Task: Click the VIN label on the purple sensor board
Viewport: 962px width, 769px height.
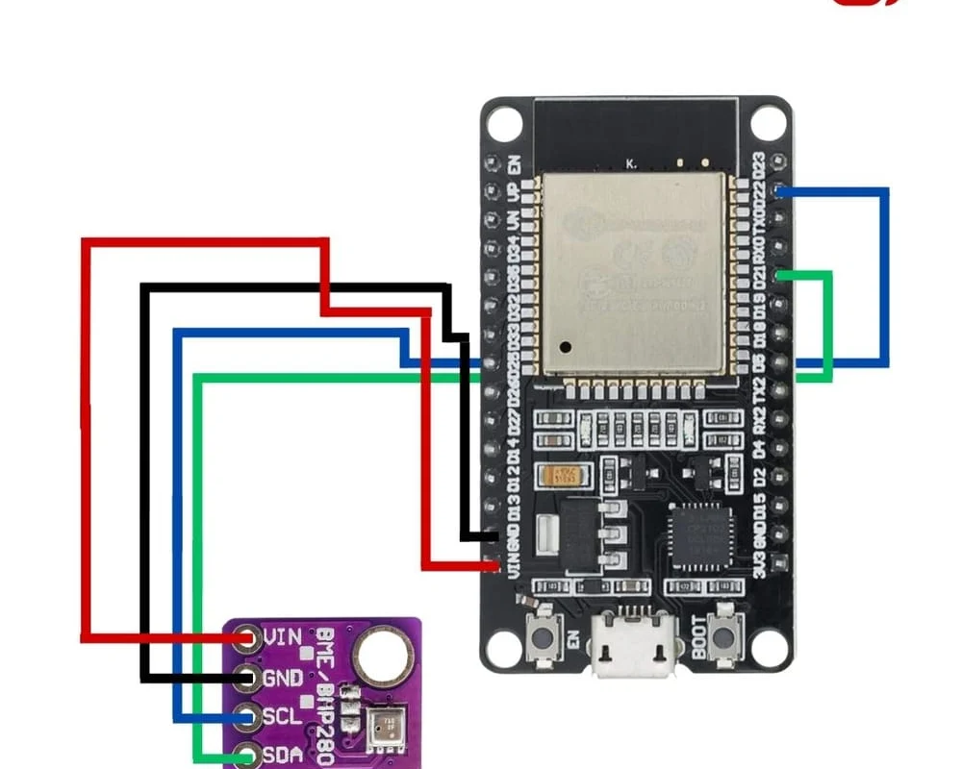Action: pyautogui.click(x=282, y=636)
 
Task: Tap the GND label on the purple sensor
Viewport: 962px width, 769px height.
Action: pyautogui.click(x=282, y=678)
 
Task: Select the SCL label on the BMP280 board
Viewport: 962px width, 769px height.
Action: pyautogui.click(x=282, y=717)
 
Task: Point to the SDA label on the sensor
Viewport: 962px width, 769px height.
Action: pyautogui.click(x=282, y=756)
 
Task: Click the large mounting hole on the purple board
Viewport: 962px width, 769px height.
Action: pyautogui.click(x=376, y=657)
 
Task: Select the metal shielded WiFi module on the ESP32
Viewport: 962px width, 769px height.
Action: pyautogui.click(x=630, y=274)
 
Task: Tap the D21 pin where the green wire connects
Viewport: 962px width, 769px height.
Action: pyautogui.click(x=780, y=277)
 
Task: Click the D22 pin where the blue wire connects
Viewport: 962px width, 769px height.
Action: pyautogui.click(x=780, y=191)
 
